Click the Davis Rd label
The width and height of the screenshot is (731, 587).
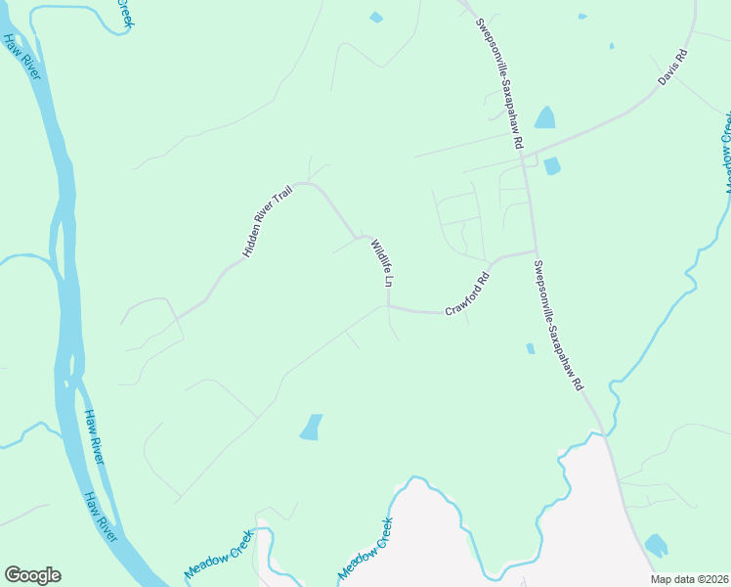[673, 68]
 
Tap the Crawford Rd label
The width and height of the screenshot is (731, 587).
[467, 293]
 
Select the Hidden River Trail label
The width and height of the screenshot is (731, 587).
[268, 222]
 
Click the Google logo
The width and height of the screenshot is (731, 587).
[32, 575]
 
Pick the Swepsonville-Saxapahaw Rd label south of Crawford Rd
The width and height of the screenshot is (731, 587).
[559, 322]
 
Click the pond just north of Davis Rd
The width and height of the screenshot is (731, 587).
[544, 118]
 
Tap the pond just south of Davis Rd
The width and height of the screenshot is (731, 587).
[552, 165]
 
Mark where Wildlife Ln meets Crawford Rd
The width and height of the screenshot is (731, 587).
[389, 306]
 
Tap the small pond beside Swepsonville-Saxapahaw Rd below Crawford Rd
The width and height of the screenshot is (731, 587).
[530, 348]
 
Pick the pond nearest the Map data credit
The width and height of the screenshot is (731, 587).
[656, 545]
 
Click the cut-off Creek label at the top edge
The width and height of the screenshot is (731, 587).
[124, 12]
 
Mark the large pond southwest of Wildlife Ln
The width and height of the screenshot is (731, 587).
[310, 427]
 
